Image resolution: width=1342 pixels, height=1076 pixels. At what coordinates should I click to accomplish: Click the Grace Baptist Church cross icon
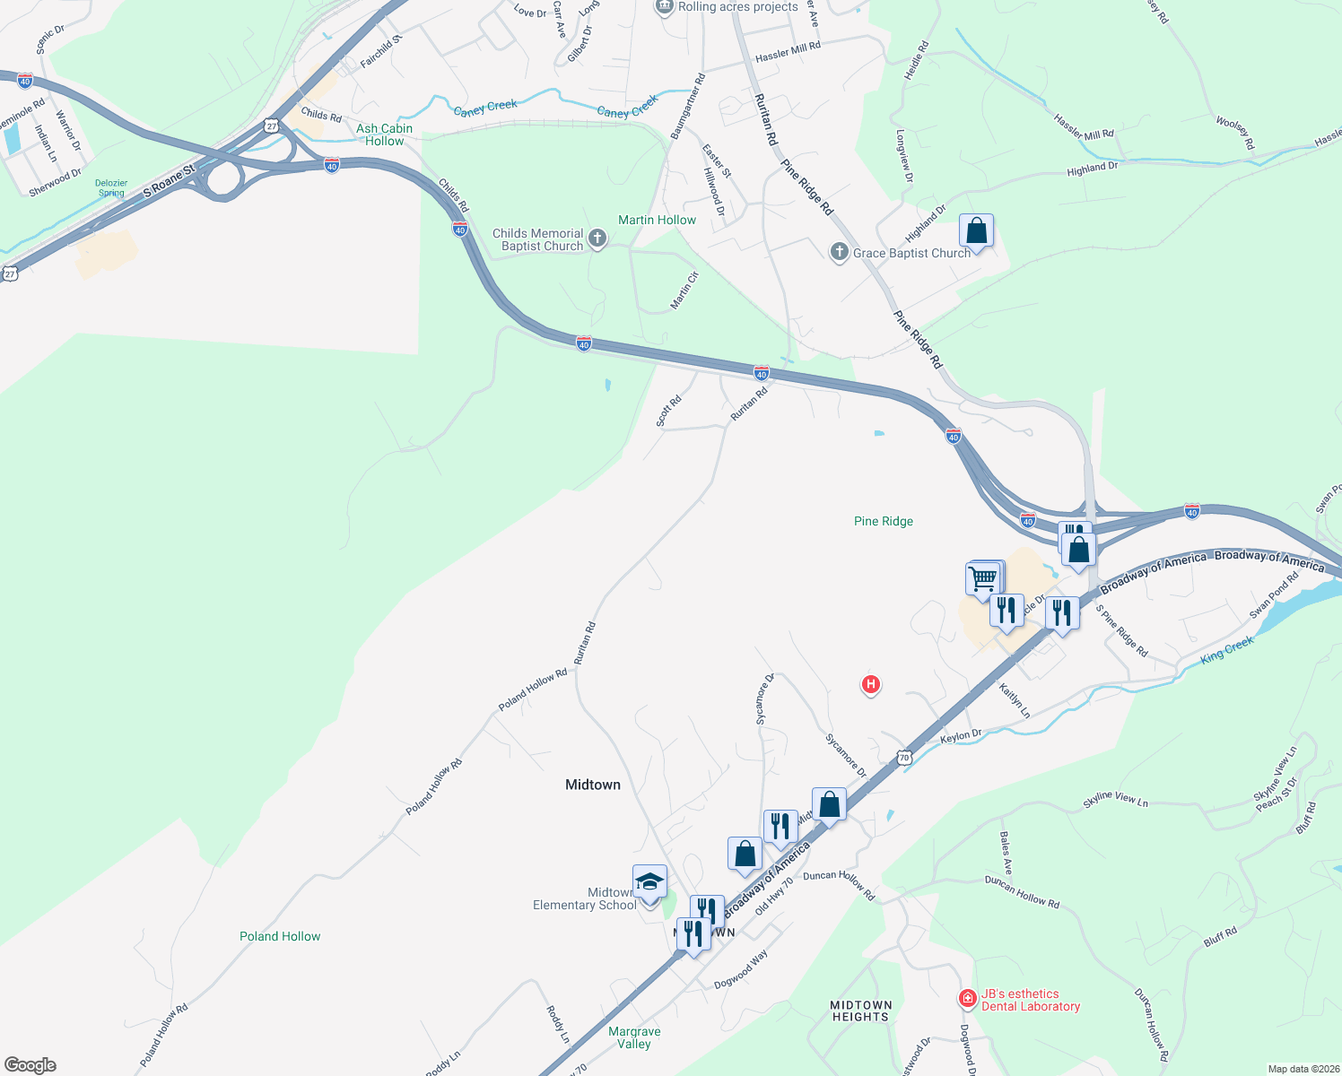click(x=839, y=252)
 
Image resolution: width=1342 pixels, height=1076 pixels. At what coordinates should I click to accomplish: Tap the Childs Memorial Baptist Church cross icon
click(x=597, y=239)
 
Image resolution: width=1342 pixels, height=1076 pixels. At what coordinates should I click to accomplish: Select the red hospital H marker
click(x=869, y=685)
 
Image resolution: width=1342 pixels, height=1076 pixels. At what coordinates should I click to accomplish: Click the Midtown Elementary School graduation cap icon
click(x=649, y=881)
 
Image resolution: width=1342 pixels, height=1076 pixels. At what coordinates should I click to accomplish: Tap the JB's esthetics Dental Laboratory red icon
click(x=967, y=998)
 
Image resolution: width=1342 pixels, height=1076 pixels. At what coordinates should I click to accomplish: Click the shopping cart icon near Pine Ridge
click(x=983, y=577)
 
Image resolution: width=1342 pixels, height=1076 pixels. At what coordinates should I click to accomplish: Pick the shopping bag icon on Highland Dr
click(x=976, y=231)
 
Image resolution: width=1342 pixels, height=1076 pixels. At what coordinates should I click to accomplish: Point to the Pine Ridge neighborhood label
click(x=883, y=521)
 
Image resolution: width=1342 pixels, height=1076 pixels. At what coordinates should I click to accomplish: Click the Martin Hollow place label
click(x=657, y=220)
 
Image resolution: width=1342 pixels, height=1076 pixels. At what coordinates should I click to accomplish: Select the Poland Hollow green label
click(x=280, y=936)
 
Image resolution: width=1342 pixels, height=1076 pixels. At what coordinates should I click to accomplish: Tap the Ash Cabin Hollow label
click(x=384, y=134)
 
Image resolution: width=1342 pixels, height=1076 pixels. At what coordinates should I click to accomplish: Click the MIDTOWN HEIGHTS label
click(x=860, y=1011)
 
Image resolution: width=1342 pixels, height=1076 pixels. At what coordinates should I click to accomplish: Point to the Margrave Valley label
click(x=634, y=1037)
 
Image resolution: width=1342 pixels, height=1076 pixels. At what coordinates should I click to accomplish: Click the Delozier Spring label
click(x=111, y=187)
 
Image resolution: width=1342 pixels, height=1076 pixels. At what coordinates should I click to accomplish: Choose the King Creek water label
click(x=1226, y=650)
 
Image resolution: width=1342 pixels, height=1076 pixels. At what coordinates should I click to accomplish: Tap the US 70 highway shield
click(x=903, y=758)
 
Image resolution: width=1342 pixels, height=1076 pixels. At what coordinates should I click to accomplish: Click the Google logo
click(x=30, y=1065)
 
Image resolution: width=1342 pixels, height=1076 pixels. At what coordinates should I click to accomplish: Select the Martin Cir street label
click(x=684, y=291)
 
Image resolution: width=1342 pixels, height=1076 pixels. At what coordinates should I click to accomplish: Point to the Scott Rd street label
click(x=668, y=412)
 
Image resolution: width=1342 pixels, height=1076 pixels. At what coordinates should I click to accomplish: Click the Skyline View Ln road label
click(x=1115, y=800)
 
